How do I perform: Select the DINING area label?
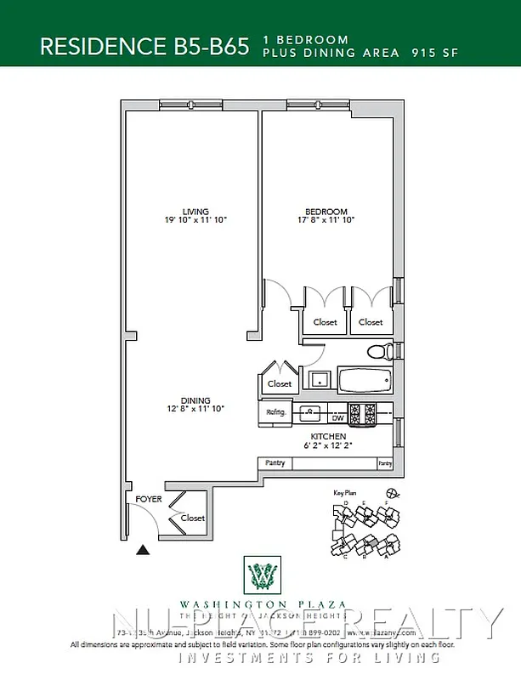click(x=195, y=401)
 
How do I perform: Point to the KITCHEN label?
click(x=327, y=435)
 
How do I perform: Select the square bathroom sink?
click(x=319, y=379)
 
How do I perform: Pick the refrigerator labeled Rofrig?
click(x=276, y=414)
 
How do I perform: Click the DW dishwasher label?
click(x=337, y=417)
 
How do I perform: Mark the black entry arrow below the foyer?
click(x=143, y=550)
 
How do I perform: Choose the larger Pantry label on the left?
click(x=275, y=463)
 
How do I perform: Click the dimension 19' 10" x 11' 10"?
click(x=196, y=220)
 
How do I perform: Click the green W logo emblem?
click(x=261, y=576)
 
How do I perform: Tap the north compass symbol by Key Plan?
click(x=392, y=492)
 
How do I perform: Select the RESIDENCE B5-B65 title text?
click(x=144, y=46)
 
